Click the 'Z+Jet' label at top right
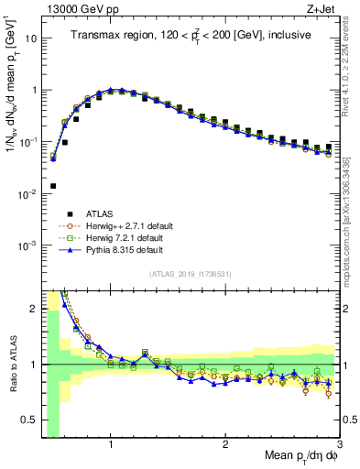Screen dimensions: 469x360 pyautogui.click(x=322, y=8)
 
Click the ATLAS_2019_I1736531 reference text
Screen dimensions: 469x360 pyautogui.click(x=190, y=275)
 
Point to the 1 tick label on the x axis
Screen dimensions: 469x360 pyautogui.click(x=111, y=446)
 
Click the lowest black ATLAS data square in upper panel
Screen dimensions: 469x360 pyautogui.click(x=53, y=186)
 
